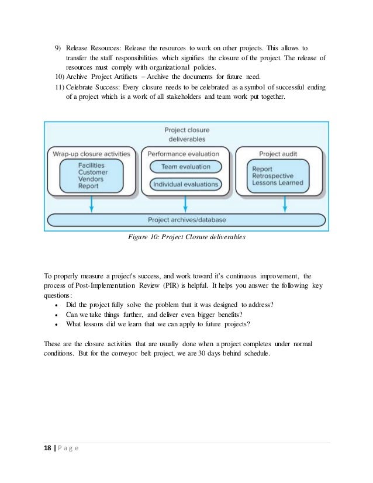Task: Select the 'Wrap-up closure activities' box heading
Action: pyautogui.click(x=92, y=153)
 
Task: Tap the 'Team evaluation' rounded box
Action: pyautogui.click(x=185, y=167)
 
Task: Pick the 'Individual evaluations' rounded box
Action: pyautogui.click(x=185, y=184)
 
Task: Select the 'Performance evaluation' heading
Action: pyautogui.click(x=185, y=153)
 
